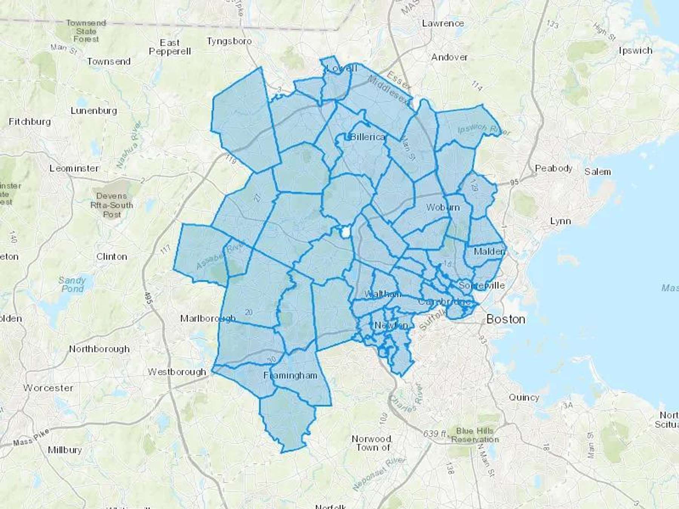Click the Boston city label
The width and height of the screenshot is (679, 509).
point(505,319)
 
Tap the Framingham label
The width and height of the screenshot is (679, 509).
point(290,376)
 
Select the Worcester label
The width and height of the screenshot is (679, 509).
point(48,388)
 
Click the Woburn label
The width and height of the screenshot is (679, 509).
point(442,207)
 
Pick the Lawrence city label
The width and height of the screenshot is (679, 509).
point(443,23)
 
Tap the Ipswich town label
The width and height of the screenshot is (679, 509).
point(635,51)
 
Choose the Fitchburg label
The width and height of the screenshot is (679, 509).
point(30,121)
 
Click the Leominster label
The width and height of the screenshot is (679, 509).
point(74,168)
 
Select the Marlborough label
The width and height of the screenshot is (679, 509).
point(208,319)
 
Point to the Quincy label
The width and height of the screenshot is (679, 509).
point(524,397)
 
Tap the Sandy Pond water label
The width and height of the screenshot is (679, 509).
point(72,285)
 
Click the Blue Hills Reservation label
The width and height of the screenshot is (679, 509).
point(475,435)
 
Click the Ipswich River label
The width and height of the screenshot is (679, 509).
point(484,129)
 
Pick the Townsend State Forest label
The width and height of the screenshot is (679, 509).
point(86,31)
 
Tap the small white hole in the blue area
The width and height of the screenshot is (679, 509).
point(345,232)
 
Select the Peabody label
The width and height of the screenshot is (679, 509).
point(553,169)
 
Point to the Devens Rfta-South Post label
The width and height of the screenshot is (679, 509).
point(112,205)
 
